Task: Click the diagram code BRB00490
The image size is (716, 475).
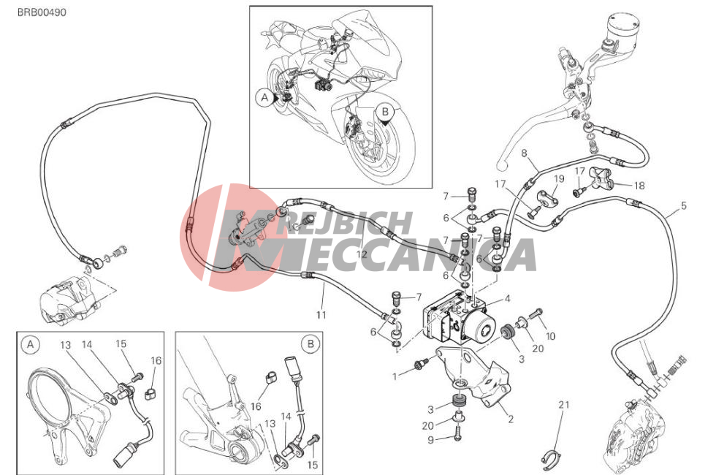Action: point(42,12)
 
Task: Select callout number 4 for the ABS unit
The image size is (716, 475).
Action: point(507,299)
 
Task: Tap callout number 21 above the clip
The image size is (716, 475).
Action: point(564,404)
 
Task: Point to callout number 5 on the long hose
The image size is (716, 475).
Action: point(684,205)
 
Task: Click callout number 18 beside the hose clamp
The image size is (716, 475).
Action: point(639,186)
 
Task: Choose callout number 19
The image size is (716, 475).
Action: point(560,178)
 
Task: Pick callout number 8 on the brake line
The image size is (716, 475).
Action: point(525,153)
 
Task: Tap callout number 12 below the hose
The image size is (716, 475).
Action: point(362,255)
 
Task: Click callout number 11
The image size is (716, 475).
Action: point(321,315)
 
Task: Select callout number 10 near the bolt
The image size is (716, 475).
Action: point(551,336)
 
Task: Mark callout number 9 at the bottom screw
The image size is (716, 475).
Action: point(431,440)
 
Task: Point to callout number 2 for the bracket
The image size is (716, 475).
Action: point(511,419)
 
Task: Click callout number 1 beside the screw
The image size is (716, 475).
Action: point(395,377)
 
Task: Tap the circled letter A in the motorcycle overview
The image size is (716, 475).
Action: point(264,97)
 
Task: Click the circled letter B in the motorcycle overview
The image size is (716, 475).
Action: point(385,111)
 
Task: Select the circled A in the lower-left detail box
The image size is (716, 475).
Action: point(31,344)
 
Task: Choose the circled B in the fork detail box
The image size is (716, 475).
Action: point(311,343)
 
